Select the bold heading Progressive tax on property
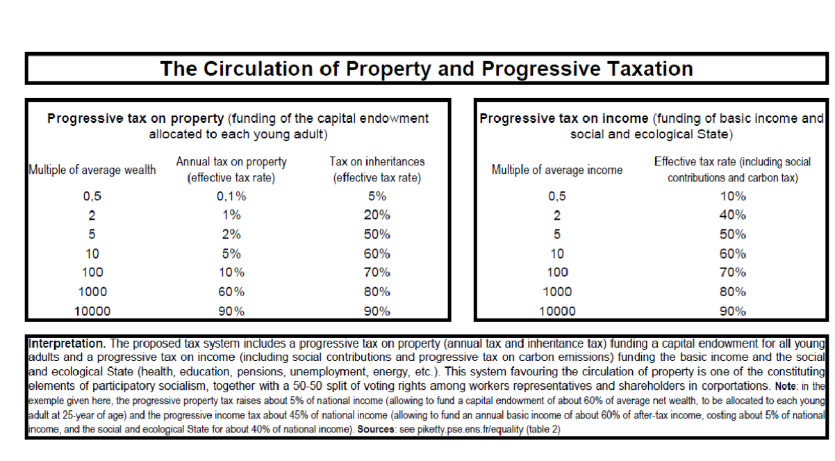pyautogui.click(x=135, y=119)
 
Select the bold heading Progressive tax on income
pyautogui.click(x=564, y=119)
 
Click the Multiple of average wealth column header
pyautogui.click(x=92, y=170)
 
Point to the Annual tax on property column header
pyautogui.click(x=231, y=170)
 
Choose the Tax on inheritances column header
pyautogui.click(x=377, y=170)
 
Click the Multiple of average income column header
pyautogui.click(x=557, y=170)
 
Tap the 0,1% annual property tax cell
pyautogui.click(x=231, y=196)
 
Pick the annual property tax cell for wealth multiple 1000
pyautogui.click(x=231, y=291)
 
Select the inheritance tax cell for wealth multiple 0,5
pyautogui.click(x=377, y=196)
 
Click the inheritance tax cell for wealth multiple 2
pyautogui.click(x=377, y=216)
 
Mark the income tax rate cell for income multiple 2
pyautogui.click(x=733, y=216)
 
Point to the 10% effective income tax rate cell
pyautogui.click(x=733, y=196)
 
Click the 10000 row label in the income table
pyautogui.click(x=557, y=311)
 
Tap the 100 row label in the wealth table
pyautogui.click(x=92, y=273)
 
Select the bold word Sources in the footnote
pyautogui.click(x=376, y=429)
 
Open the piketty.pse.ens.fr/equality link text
pyautogui.click(x=470, y=430)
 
